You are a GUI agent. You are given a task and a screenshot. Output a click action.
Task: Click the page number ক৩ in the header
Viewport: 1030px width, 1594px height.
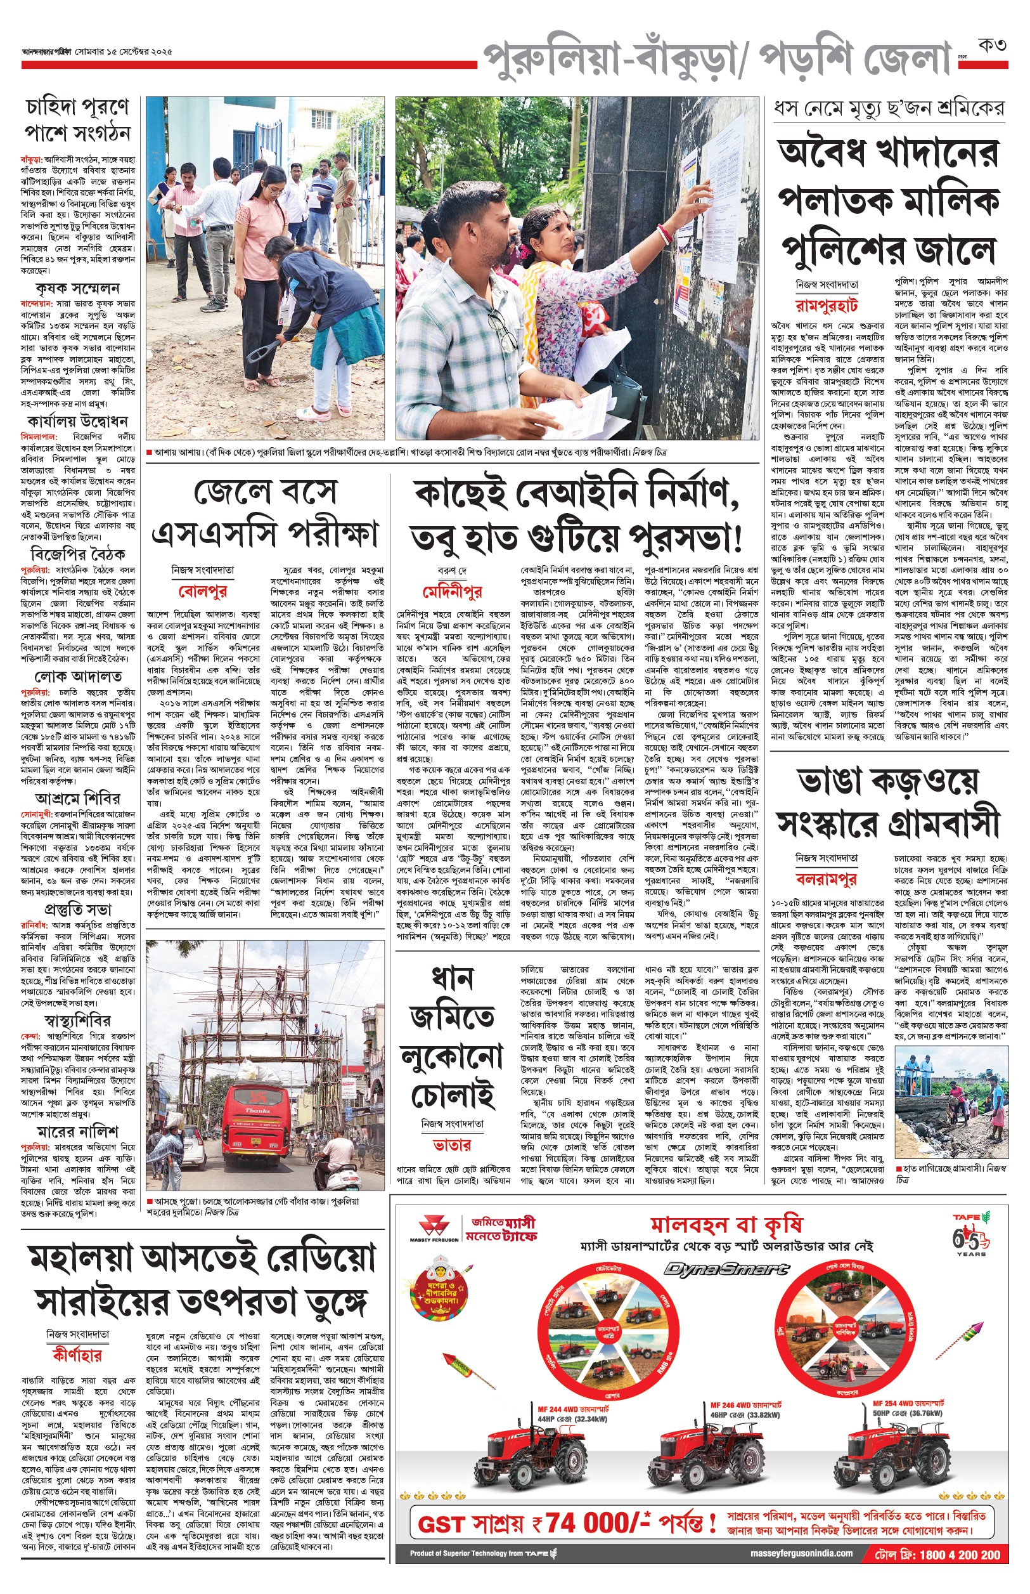click(x=992, y=46)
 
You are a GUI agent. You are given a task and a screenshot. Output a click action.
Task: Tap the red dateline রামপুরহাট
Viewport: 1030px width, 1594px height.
click(x=827, y=305)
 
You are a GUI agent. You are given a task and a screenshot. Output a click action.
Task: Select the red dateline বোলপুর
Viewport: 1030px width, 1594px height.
click(x=202, y=591)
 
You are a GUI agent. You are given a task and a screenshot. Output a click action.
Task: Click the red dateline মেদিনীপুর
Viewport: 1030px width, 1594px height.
click(x=452, y=591)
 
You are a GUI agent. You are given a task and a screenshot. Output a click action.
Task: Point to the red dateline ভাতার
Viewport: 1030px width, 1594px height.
click(x=452, y=1144)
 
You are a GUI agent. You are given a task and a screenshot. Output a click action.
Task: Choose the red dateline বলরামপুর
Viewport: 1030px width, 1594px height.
click(x=827, y=878)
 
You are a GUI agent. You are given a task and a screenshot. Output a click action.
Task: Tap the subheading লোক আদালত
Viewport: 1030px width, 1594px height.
click(x=78, y=676)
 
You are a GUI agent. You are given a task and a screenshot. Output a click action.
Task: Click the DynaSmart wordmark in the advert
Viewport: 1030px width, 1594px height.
click(x=726, y=1269)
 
